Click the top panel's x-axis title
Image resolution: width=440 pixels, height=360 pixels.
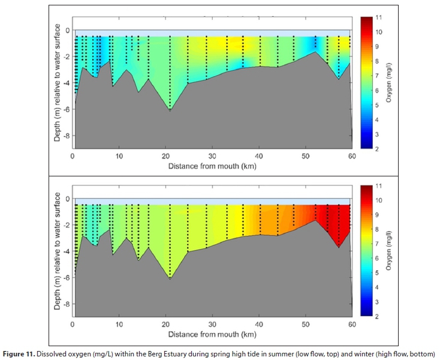(x=212, y=165)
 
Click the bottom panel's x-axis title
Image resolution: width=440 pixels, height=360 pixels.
(x=212, y=334)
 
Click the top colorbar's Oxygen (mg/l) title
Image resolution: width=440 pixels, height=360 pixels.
(x=390, y=83)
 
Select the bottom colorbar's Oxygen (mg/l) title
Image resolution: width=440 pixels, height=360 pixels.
(x=390, y=251)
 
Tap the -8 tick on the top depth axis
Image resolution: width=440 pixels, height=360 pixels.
(x=67, y=136)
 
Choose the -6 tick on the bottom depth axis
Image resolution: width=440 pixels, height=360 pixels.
(x=67, y=278)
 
